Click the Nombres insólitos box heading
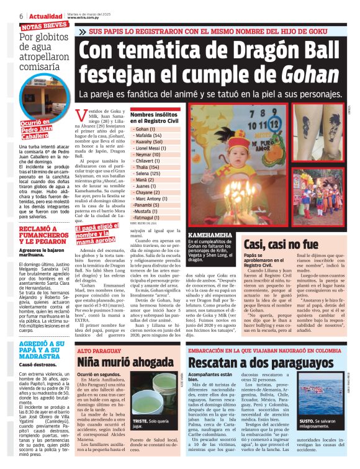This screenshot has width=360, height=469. click(153, 118)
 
